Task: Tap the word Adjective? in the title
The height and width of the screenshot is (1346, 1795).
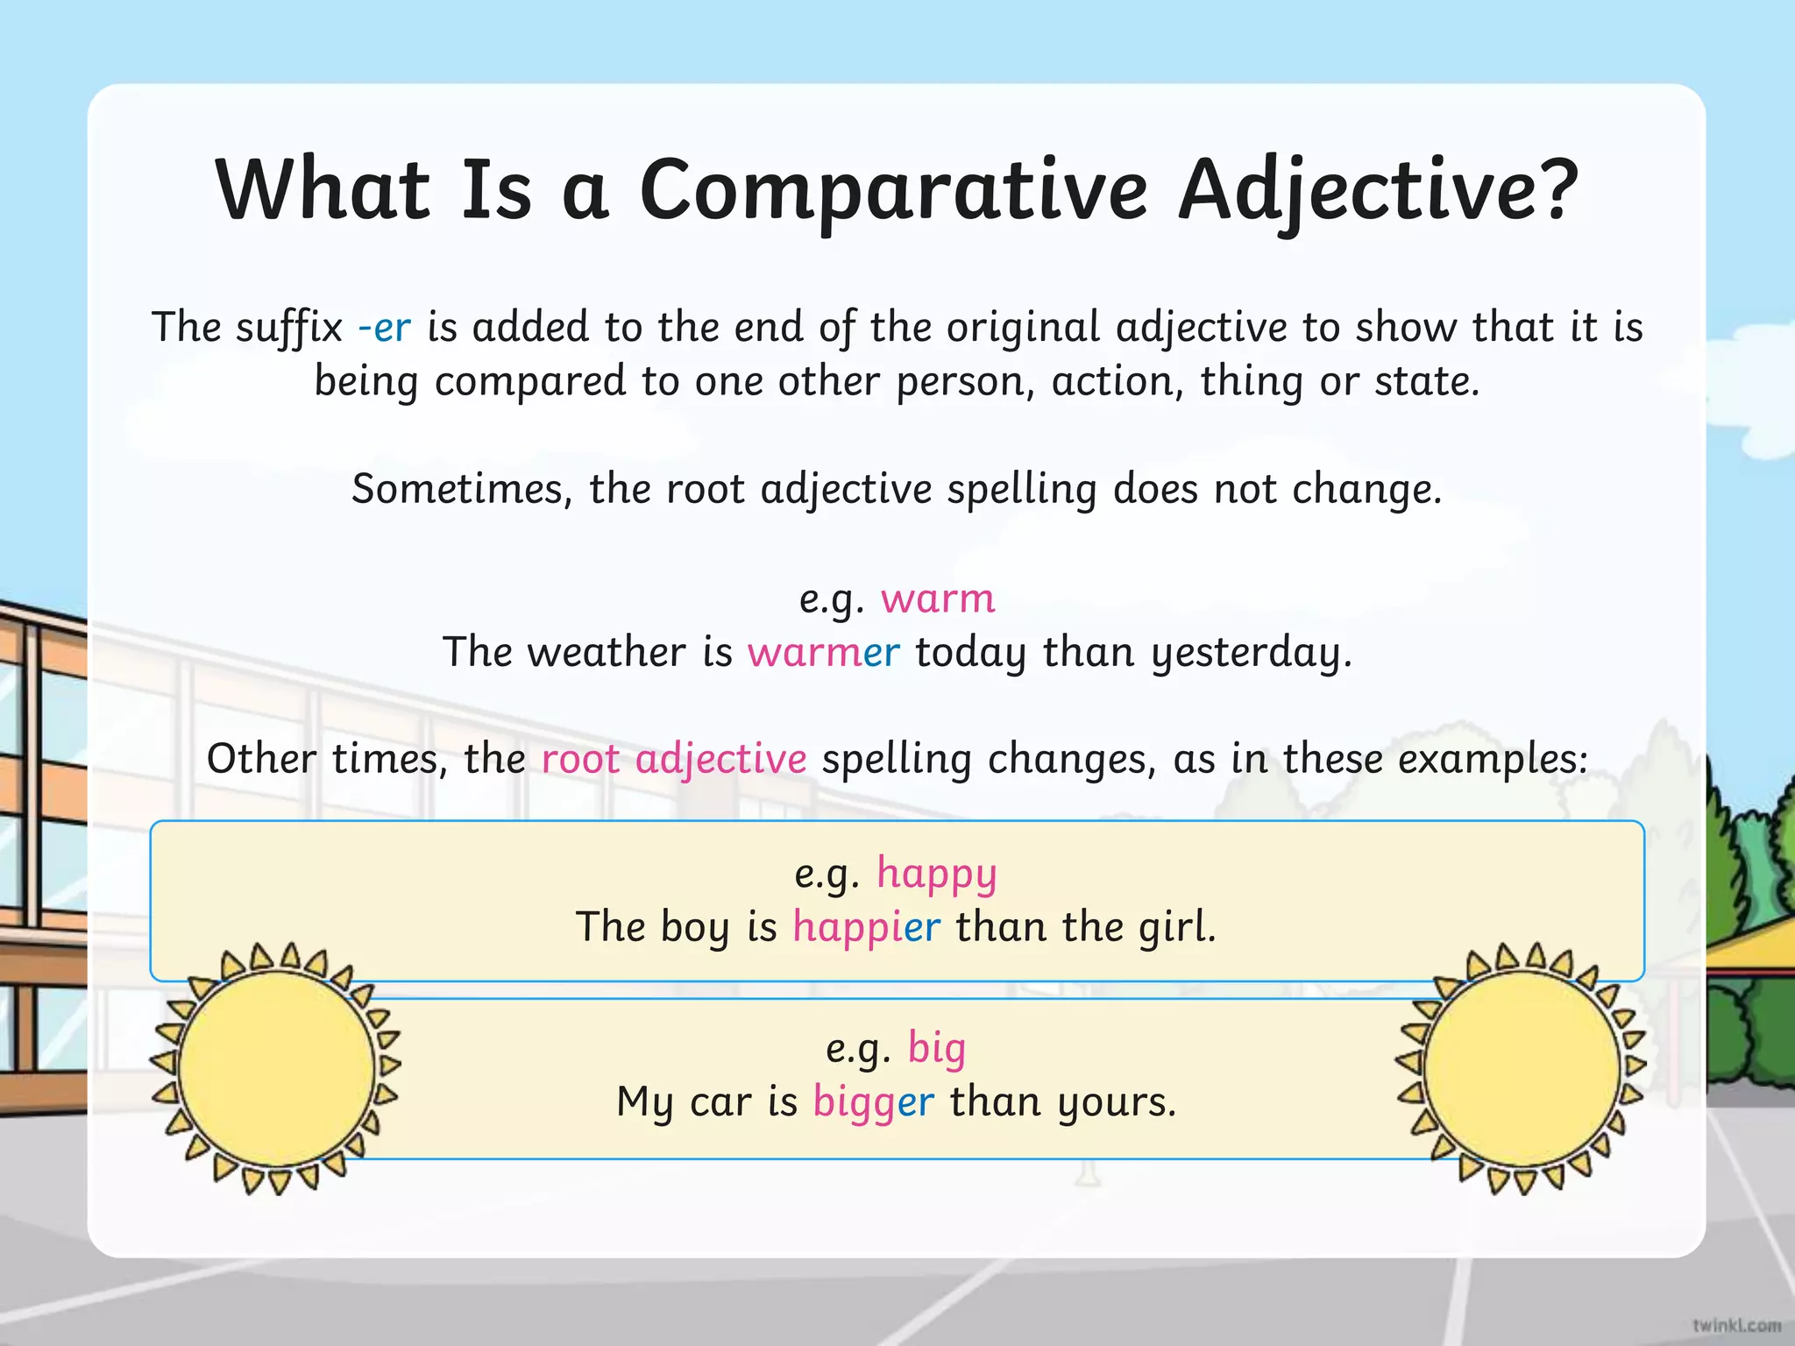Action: coord(1377,191)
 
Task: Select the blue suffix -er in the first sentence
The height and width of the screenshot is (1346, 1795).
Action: coord(384,328)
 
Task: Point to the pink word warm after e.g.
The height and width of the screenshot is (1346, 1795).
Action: coord(938,599)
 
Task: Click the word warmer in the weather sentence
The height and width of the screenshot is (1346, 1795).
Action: coord(823,653)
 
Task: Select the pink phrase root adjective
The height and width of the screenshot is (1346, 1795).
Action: coord(673,759)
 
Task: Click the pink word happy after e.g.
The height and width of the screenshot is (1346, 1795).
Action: coord(936,875)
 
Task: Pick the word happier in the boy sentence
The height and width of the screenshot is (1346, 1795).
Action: coord(866,927)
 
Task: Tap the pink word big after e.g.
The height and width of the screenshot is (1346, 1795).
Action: coord(936,1048)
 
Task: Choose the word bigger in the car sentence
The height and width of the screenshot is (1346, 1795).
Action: coord(873,1102)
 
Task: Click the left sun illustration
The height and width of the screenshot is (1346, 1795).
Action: coord(276,1068)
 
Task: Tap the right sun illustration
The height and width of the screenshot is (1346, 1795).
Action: coord(1521,1068)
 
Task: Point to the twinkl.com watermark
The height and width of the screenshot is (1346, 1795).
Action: coord(1736,1325)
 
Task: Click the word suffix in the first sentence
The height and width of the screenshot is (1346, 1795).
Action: coord(289,328)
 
